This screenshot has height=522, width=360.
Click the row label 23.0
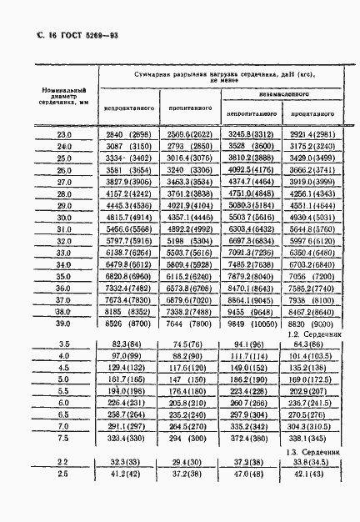(63, 133)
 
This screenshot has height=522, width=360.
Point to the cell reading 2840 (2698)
(129, 133)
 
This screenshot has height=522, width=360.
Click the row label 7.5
(63, 436)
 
